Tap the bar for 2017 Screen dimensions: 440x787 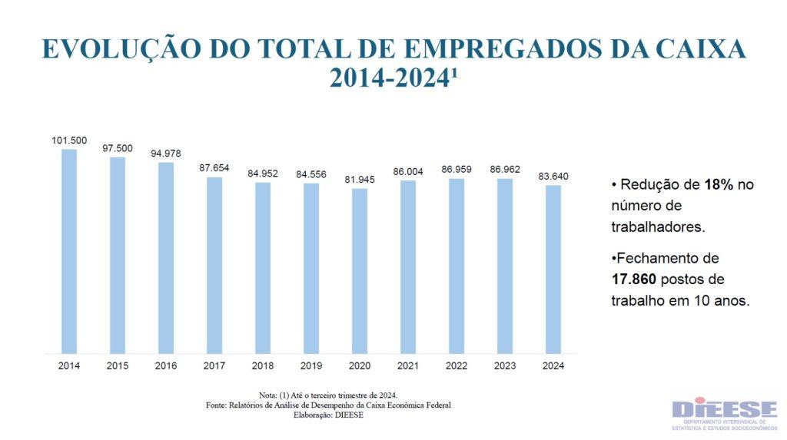tap(214, 265)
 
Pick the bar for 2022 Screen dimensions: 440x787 tap(457, 266)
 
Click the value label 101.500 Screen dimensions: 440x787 tap(69, 141)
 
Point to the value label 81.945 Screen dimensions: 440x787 tap(360, 180)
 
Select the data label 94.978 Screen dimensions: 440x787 tap(166, 154)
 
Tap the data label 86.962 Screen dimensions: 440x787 tap(505, 170)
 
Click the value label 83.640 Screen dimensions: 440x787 tap(553, 177)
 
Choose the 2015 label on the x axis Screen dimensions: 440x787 tap(118, 366)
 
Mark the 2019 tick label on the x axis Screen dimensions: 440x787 tap(311, 366)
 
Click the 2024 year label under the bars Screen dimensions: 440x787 tap(553, 366)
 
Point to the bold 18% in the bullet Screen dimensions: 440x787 tap(718, 185)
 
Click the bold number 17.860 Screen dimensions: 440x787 tap(634, 279)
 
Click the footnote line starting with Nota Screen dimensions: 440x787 tap(328, 394)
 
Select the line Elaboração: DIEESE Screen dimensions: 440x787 tap(328, 415)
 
